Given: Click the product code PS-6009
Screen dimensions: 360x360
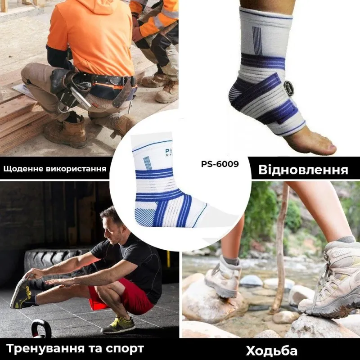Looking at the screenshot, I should [x=220, y=164].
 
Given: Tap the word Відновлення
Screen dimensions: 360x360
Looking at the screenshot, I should [x=303, y=170].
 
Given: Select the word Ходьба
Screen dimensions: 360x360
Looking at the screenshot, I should [x=272, y=350].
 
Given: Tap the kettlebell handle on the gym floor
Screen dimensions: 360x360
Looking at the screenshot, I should [x=41, y=326].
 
